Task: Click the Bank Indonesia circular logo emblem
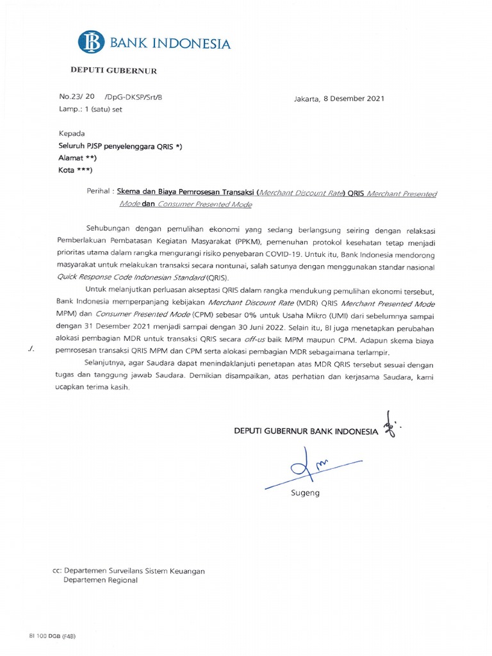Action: tap(91, 42)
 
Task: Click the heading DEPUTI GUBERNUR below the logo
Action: tap(113, 70)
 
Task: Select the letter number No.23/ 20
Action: tap(77, 97)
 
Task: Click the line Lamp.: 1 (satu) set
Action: tap(90, 109)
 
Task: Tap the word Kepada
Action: tap(71, 134)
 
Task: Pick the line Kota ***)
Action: tap(76, 170)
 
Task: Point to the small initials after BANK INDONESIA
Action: tap(389, 425)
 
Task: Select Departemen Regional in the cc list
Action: tap(100, 580)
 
